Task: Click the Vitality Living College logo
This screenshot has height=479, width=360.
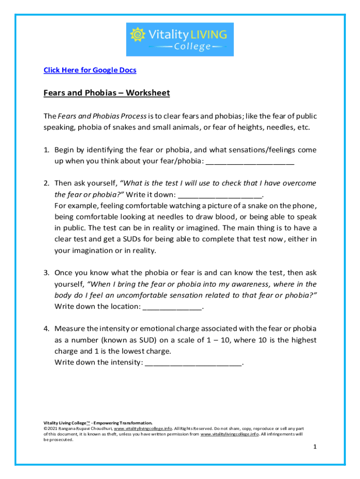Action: pyautogui.click(x=180, y=39)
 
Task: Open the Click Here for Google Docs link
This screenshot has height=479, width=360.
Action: pyautogui.click(x=90, y=70)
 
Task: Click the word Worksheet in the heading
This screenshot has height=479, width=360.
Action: pyautogui.click(x=148, y=93)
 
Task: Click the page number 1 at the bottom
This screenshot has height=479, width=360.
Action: pyautogui.click(x=315, y=447)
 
